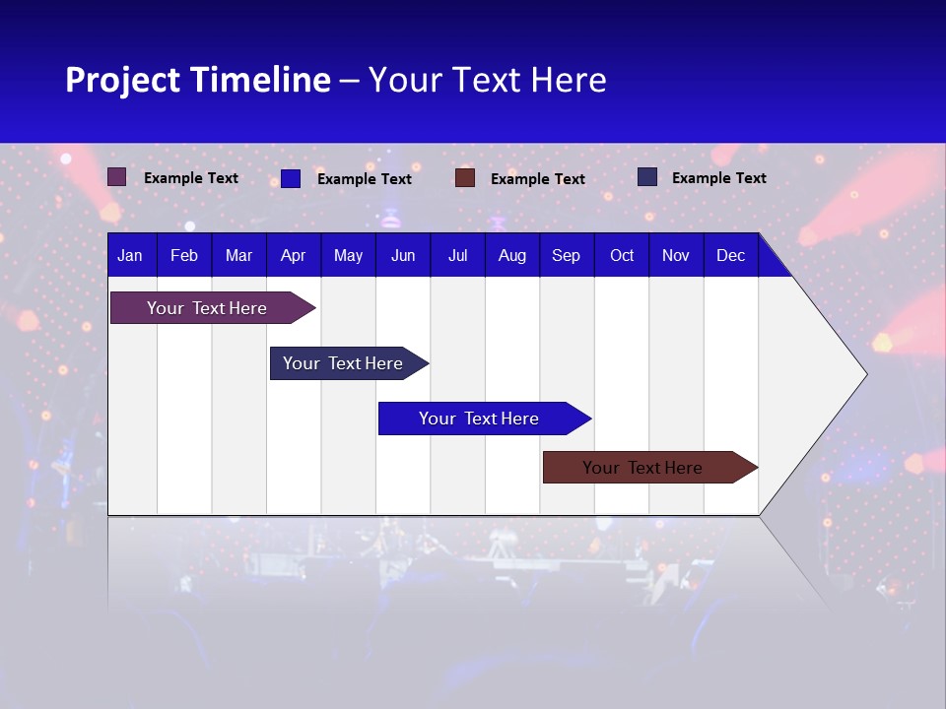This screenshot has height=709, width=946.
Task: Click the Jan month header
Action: coord(130,255)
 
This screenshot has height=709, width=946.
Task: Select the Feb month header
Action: coord(184,255)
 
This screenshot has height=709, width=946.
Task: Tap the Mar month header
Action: coord(238,255)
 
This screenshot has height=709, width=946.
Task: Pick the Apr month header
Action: coord(294,255)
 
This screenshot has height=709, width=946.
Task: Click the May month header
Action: coord(348,255)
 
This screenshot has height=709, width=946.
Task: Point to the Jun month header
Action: coord(403,255)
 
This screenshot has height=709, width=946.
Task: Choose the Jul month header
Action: coord(457,255)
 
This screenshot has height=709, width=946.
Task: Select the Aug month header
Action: coord(512,255)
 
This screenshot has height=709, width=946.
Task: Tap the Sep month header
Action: coord(567,255)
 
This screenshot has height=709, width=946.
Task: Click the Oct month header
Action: coord(622,255)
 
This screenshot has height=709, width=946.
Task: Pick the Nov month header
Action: coord(676,255)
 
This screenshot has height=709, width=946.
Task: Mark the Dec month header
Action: coord(731,255)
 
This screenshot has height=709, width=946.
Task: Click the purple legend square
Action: coord(117,177)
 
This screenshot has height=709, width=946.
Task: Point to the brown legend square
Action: coord(465,177)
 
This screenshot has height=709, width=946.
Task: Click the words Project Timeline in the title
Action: coord(198,80)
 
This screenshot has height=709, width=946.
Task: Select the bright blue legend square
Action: coord(291,178)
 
